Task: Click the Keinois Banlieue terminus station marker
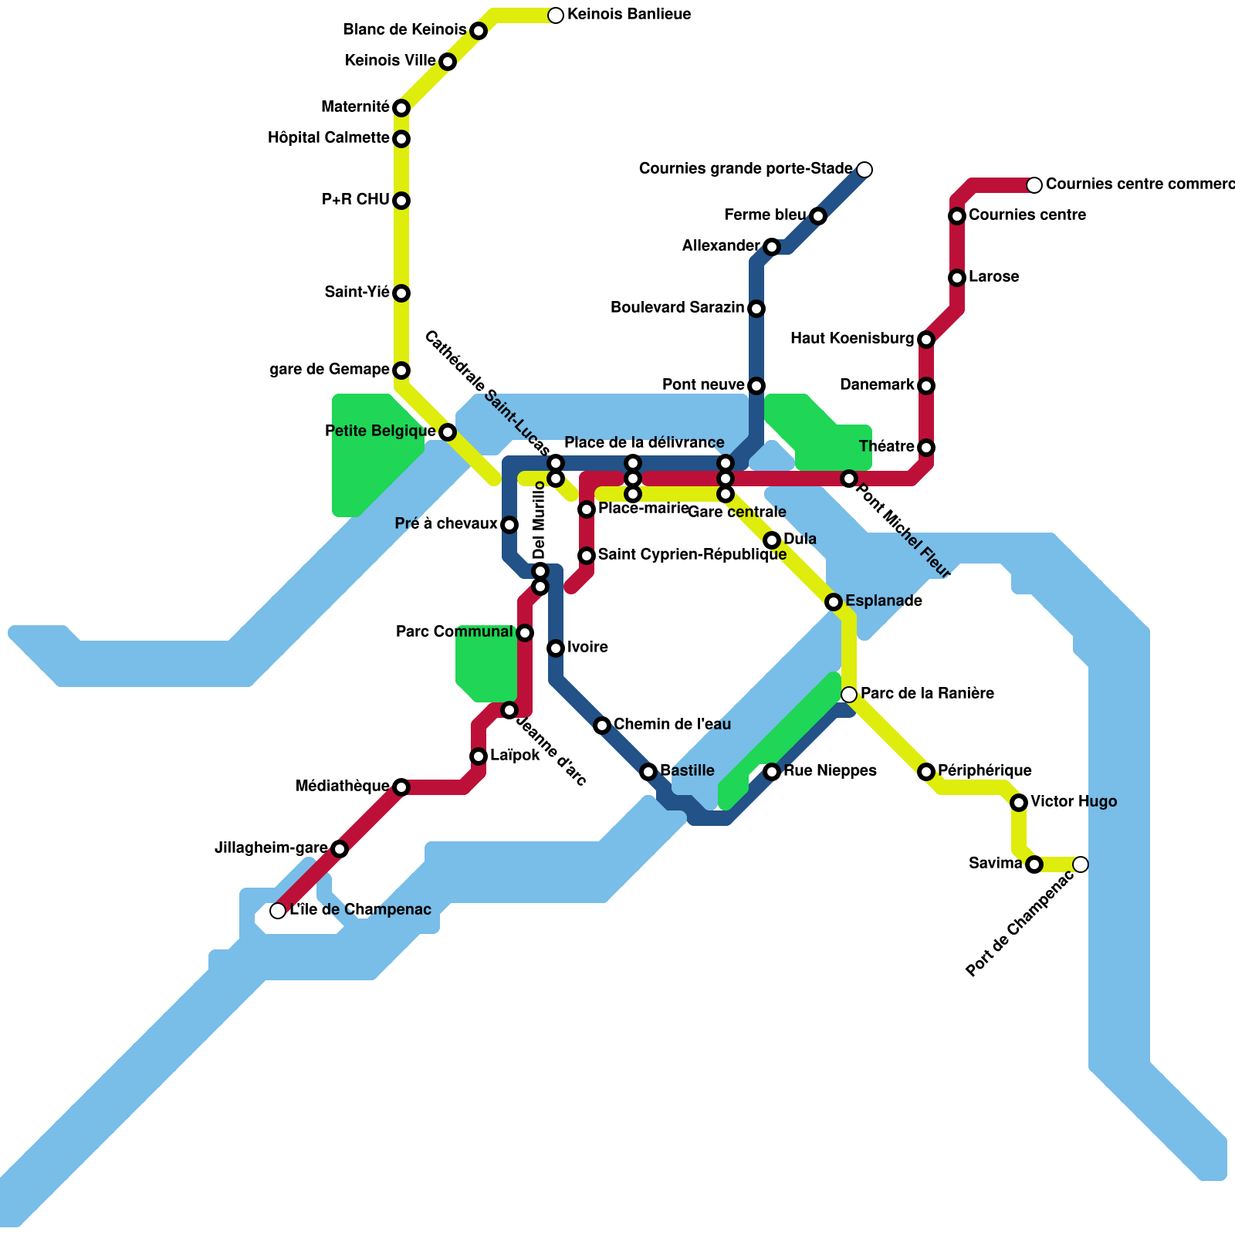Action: (556, 15)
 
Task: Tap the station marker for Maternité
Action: (401, 108)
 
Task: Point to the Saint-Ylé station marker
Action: (401, 293)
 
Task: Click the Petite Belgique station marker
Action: (448, 432)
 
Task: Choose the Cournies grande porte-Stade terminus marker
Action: (864, 170)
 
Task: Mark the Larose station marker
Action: (957, 278)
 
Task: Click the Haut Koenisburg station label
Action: (852, 339)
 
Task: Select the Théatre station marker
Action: (926, 448)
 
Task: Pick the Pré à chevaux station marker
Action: (509, 525)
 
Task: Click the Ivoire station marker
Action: (556, 648)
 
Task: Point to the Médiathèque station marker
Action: (401, 787)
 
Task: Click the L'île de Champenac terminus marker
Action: (278, 911)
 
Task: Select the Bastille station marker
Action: (648, 772)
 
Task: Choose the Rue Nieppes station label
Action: (830, 771)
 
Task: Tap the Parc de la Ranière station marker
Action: (849, 695)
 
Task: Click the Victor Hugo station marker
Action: (1019, 803)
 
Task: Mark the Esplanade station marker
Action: (834, 602)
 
